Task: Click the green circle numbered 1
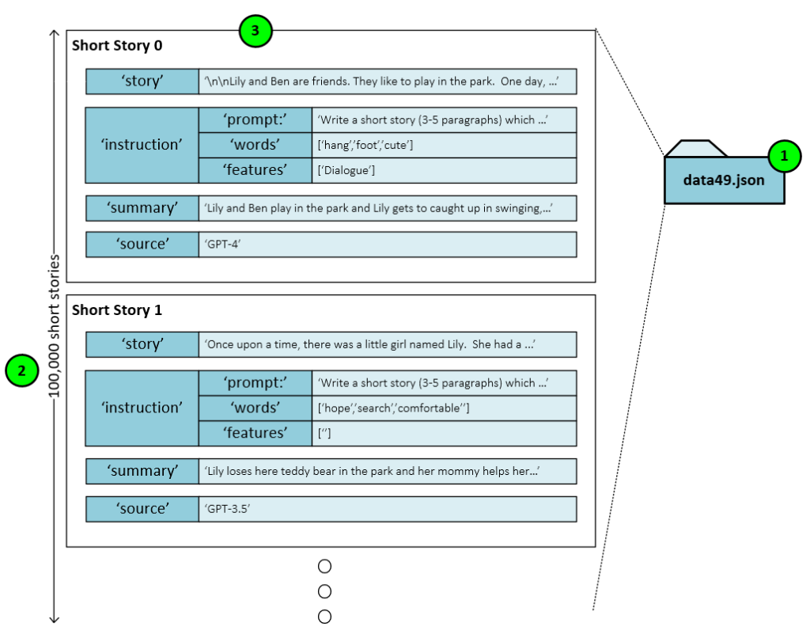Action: [785, 157]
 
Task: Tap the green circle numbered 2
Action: [21, 370]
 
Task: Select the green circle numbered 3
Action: [255, 32]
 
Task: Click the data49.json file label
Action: [724, 180]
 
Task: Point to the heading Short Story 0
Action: [117, 46]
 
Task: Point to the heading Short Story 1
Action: [117, 310]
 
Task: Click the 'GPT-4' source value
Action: [224, 245]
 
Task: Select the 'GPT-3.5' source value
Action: [228, 509]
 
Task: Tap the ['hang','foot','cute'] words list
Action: [365, 145]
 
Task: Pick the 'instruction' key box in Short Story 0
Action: [142, 145]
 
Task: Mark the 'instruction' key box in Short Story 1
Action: [142, 408]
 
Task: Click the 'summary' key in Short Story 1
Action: [142, 471]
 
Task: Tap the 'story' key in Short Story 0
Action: [142, 82]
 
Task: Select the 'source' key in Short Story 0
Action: [142, 245]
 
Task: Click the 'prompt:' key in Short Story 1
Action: [255, 383]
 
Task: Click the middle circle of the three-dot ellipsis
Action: [324, 591]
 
